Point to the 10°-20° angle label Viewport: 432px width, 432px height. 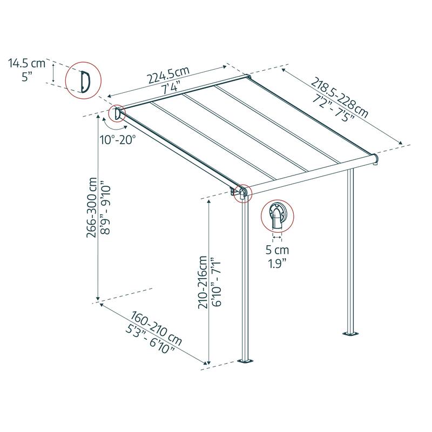pos(118,140)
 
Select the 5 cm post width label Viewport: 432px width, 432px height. pos(277,250)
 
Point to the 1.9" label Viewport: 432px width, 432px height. pos(277,264)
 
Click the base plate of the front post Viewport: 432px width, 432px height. pos(247,360)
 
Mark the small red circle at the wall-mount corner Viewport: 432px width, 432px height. pos(116,114)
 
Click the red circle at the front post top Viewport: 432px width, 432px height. pos(242,192)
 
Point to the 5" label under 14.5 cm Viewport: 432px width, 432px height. pos(27,77)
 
